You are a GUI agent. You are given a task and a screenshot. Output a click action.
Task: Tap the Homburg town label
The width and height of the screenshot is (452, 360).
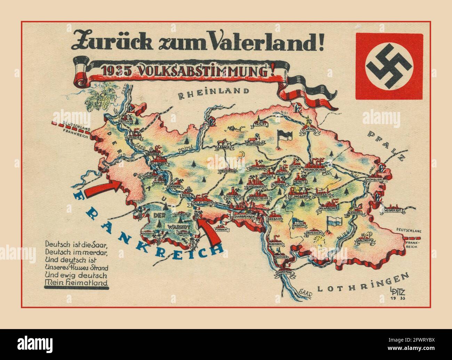point(374,180)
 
